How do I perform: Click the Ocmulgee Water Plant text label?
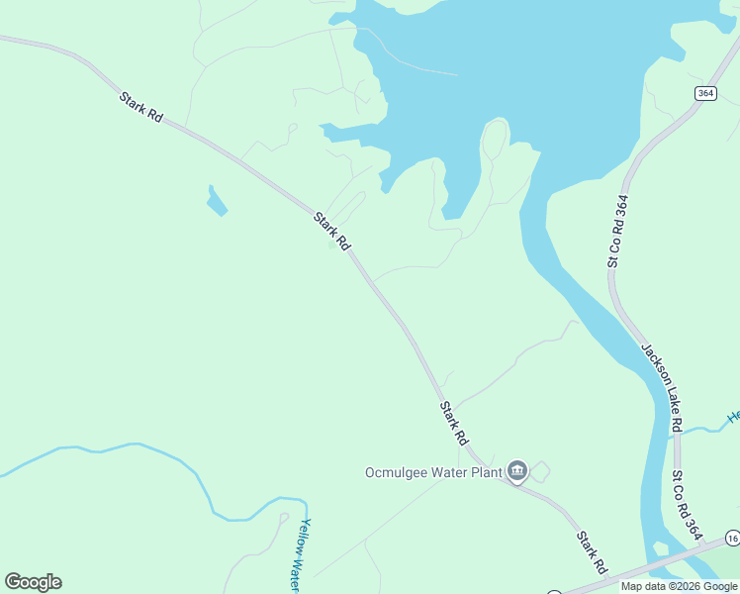pos(431,470)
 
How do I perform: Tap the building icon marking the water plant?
pos(516,469)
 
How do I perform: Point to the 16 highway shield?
pos(732,538)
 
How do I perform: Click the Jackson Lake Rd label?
pos(662,387)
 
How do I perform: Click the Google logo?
pos(33,582)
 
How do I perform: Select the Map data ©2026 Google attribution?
pos(679,586)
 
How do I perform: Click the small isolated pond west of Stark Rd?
pos(216,201)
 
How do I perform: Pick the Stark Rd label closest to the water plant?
pos(454,422)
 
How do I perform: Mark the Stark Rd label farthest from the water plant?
pos(140,107)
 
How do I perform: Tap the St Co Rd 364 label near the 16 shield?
pos(686,504)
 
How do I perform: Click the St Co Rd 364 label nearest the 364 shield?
pos(618,232)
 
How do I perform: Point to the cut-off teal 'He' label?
pos(733,417)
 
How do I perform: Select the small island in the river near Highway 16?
pos(660,548)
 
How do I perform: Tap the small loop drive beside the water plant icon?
pos(539,472)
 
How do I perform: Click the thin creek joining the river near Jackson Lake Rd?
pos(704,429)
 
